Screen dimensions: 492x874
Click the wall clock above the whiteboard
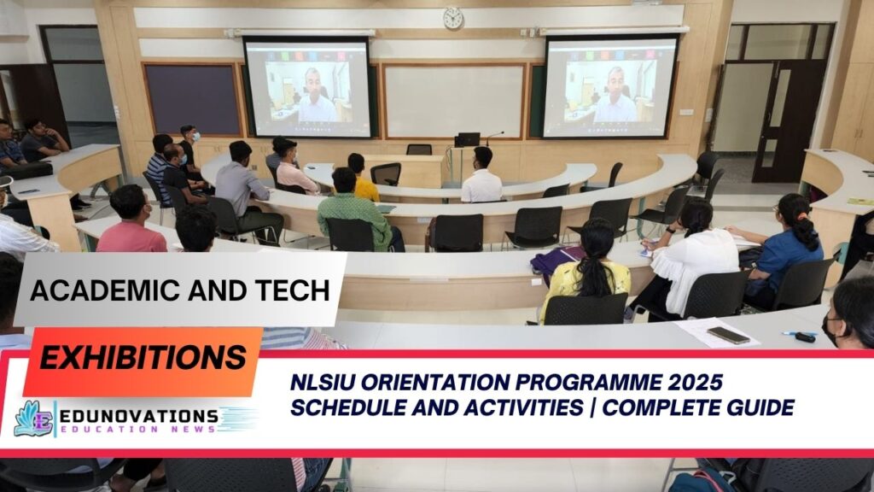pyautogui.click(x=452, y=18)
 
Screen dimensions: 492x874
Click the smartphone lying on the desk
pyautogui.click(x=728, y=335)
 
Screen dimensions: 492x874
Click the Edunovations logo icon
pyautogui.click(x=32, y=419)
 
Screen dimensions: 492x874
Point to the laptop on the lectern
pyautogui.click(x=467, y=138)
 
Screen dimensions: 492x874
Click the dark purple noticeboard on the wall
pyautogui.click(x=191, y=98)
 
